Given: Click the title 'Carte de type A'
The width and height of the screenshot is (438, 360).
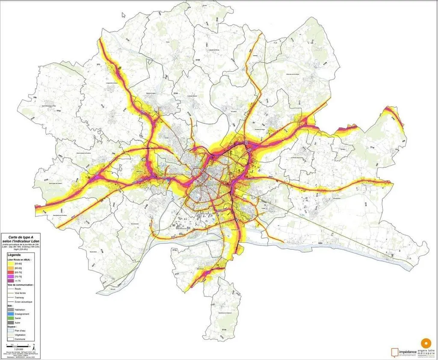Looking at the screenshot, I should pos(22,236).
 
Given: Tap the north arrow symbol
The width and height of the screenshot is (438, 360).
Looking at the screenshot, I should pos(34,345).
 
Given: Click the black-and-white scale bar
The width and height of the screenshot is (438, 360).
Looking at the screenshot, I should pos(18,345).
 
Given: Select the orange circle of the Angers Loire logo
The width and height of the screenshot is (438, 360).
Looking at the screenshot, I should pos(426,343).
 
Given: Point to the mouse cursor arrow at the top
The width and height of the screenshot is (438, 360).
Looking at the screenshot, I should pos(124,15).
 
